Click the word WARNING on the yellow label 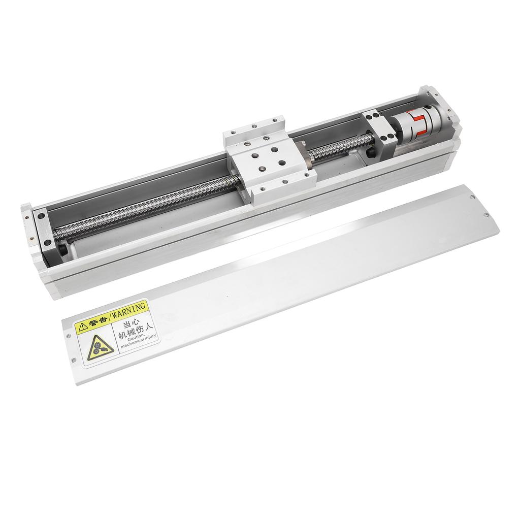point(128,310)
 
